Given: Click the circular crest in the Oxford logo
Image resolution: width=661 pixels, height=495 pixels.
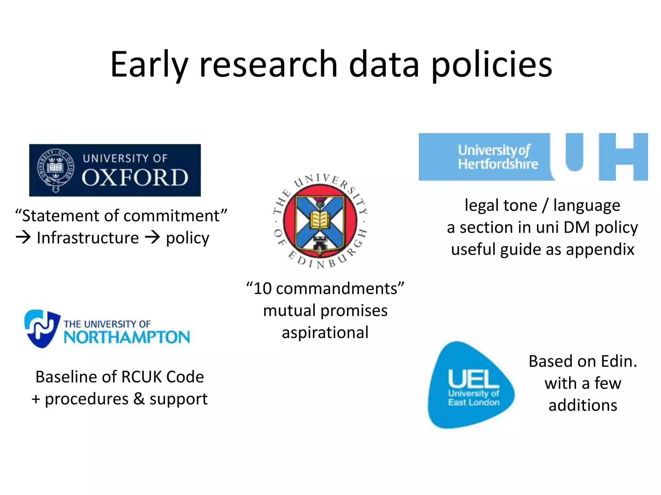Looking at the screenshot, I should [x=56, y=170].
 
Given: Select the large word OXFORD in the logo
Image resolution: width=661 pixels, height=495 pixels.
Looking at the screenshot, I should [x=135, y=178].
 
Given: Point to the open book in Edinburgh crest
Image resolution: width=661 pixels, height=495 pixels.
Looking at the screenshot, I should [x=320, y=220].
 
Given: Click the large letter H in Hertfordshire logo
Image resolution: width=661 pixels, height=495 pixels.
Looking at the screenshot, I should [x=623, y=157].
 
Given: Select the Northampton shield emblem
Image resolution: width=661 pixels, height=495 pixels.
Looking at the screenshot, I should [x=42, y=328].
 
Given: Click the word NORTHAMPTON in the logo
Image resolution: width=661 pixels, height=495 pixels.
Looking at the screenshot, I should [x=127, y=337].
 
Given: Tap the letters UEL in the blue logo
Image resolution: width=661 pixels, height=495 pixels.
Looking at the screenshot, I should [x=473, y=379].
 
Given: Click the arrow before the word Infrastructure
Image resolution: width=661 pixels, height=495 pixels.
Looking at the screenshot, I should [x=24, y=238].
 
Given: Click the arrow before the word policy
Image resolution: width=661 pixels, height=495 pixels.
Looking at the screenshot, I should [x=152, y=238].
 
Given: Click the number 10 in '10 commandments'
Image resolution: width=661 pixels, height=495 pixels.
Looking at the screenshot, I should [x=262, y=288].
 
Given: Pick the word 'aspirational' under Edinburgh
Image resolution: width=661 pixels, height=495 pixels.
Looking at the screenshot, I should [x=325, y=333].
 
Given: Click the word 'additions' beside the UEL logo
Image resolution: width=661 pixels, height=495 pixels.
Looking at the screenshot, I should [x=583, y=405].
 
